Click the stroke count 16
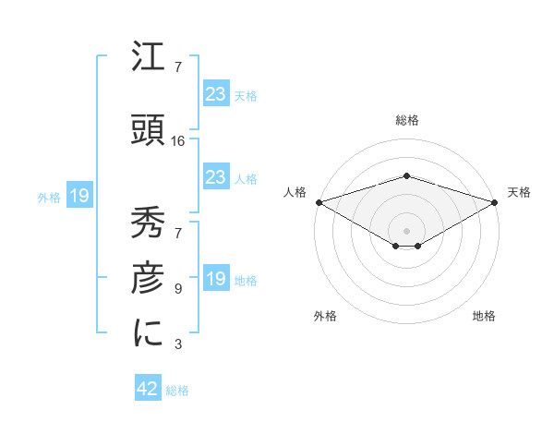tap(178, 141)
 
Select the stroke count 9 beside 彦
tap(178, 289)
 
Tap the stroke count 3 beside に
tap(178, 345)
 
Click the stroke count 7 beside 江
tap(178, 68)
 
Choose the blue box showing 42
tap(148, 390)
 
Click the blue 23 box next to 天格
tap(216, 94)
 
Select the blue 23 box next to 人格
tap(216, 177)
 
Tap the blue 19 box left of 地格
tap(216, 279)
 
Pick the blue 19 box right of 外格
tap(78, 196)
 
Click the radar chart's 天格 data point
tap(496, 202)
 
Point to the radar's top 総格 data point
tap(406, 175)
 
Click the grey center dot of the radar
tap(406, 230)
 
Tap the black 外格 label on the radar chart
tap(325, 316)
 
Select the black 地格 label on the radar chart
tap(484, 316)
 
